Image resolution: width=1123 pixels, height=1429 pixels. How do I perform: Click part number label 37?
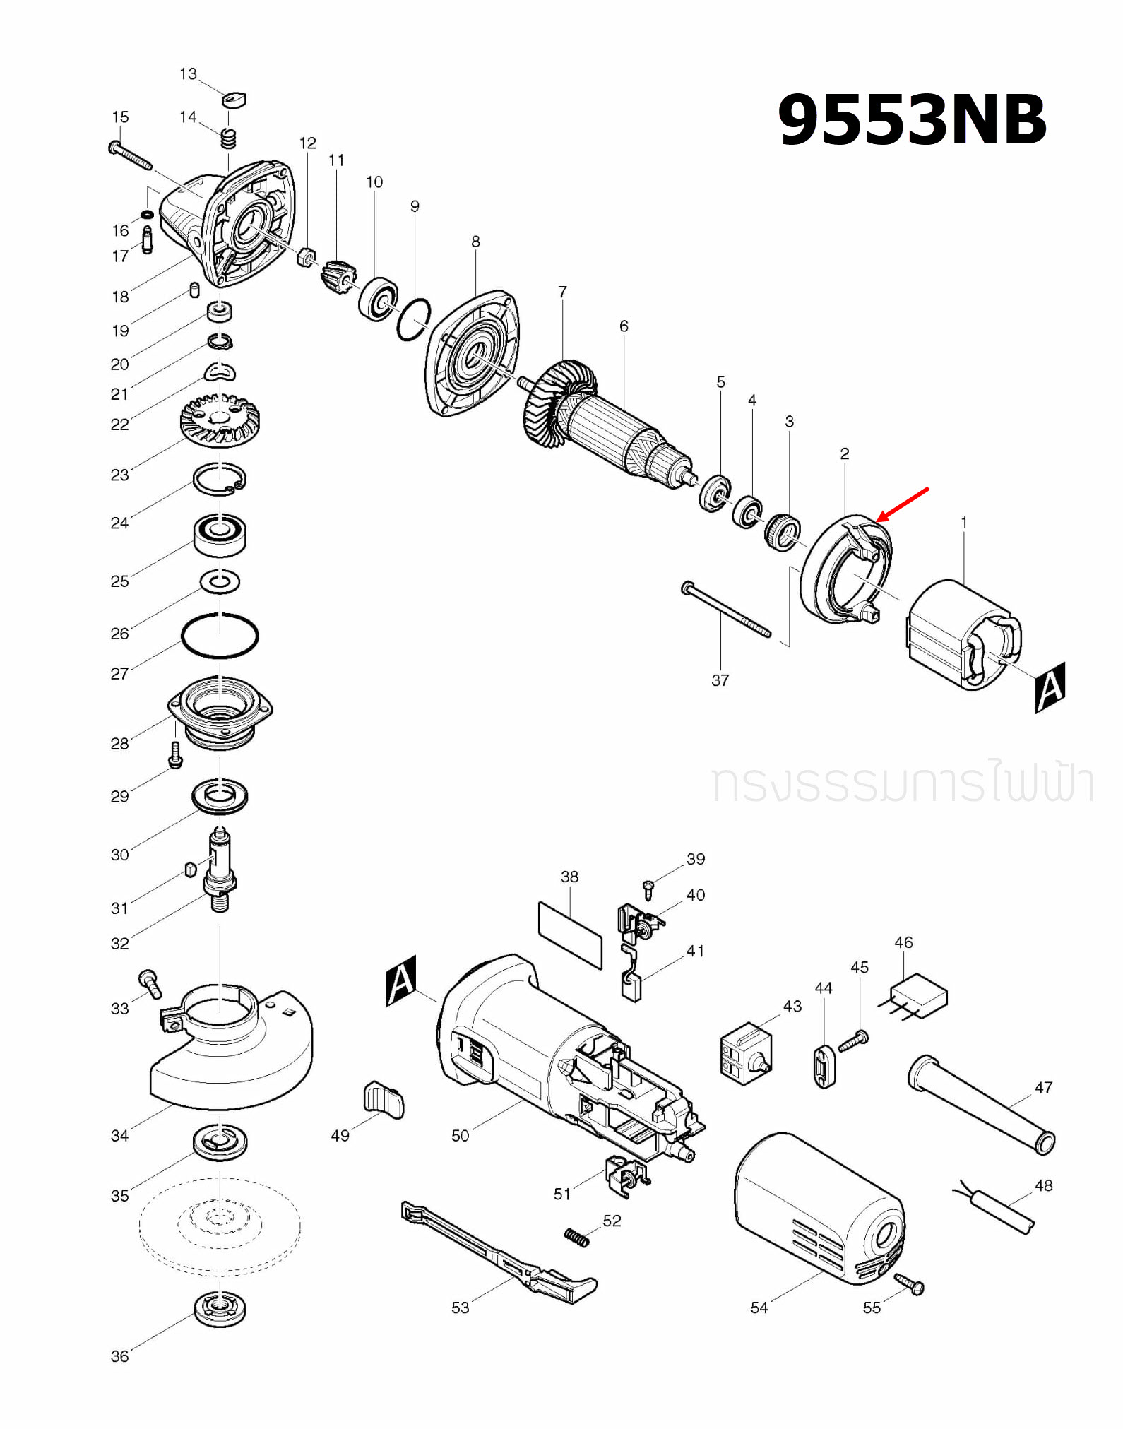coord(720,680)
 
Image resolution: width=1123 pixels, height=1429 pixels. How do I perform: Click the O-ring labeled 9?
coord(414,319)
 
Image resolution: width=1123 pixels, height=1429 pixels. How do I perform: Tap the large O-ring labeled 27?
coord(220,636)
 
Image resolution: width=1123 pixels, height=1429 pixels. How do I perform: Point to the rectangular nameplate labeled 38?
coord(570,934)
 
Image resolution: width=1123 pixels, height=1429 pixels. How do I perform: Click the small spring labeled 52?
coord(576,1237)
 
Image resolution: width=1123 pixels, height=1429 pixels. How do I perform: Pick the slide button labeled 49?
coord(384,1100)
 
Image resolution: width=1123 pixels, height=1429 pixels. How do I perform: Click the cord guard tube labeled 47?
coord(981,1104)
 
